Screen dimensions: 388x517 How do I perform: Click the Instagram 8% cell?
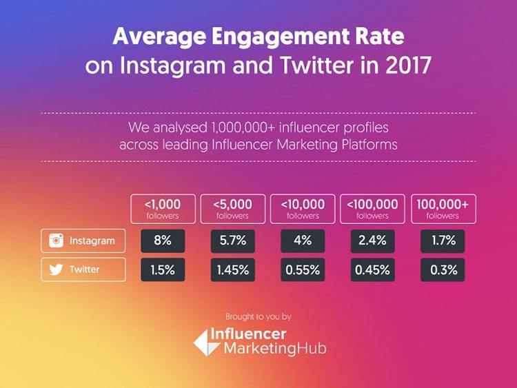pos(162,241)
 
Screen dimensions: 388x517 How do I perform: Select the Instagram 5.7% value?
pos(232,241)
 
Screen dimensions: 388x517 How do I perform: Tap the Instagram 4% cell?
pos(302,241)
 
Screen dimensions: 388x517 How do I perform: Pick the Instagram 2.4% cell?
pos(372,241)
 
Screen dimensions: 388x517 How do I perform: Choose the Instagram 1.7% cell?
pos(442,241)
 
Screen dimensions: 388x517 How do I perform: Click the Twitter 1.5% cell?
pos(162,269)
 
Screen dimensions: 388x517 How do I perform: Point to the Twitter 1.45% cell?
pos(232,269)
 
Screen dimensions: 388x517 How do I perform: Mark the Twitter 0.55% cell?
pos(302,269)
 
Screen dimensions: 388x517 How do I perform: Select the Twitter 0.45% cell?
pos(372,269)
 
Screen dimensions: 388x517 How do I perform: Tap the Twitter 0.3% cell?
pos(442,269)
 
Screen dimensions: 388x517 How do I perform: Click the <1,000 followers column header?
pos(162,209)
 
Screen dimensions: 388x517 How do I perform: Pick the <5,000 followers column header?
pos(232,209)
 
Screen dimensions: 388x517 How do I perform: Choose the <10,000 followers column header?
pos(302,209)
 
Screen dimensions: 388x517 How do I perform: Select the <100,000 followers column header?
pos(372,209)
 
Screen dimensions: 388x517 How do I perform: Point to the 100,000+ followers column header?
pos(442,209)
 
